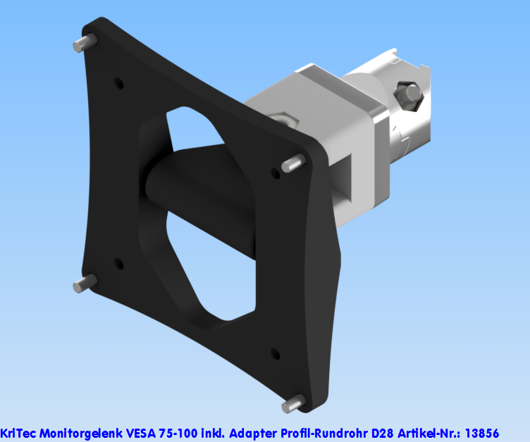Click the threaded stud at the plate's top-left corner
82,43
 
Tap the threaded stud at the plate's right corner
292,165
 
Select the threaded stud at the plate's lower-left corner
82,284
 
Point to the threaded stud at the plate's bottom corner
292,404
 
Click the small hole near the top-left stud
118,83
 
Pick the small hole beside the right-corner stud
274,172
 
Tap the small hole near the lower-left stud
118,264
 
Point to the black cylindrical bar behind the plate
197,190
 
